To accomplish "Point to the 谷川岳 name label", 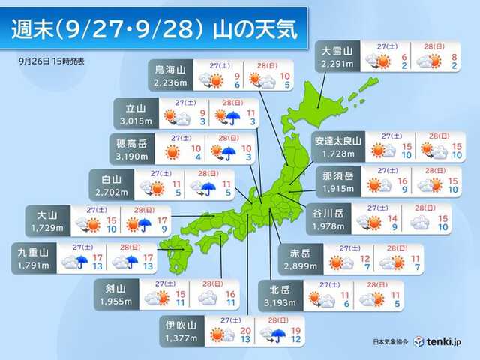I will pos(327,213).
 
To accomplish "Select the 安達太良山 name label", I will pos(337,140).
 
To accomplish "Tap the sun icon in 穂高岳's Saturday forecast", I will pos(172,152).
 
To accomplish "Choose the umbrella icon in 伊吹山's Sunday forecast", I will pos(279,334).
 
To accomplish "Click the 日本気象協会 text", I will pos(391,342).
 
